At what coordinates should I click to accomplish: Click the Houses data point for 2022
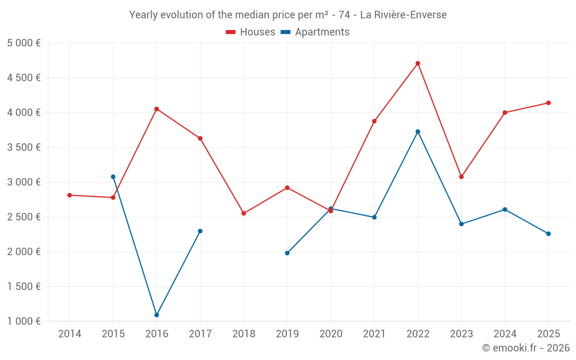[x=418, y=63]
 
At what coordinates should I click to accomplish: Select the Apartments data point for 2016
[x=157, y=315]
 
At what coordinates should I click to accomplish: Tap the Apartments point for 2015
[x=113, y=177]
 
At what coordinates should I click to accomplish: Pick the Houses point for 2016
[x=157, y=109]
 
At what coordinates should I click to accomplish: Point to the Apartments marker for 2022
[x=418, y=131]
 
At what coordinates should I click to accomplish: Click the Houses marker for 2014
[x=70, y=195]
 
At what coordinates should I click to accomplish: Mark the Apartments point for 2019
[x=287, y=253]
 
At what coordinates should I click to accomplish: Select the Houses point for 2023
[x=461, y=177]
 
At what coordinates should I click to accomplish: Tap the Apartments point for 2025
[x=548, y=234]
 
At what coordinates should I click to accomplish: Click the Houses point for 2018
[x=244, y=213]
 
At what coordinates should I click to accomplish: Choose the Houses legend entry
[x=251, y=32]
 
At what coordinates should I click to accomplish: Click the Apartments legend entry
[x=315, y=32]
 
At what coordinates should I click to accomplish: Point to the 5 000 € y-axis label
[x=24, y=43]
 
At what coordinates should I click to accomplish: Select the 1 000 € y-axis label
[x=24, y=321]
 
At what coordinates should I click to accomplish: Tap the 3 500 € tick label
[x=24, y=147]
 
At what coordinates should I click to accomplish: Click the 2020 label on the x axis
[x=331, y=334]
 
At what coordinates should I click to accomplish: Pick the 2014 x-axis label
[x=70, y=334]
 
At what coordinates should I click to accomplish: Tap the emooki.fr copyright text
[x=526, y=347]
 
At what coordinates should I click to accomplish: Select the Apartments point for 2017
[x=200, y=231]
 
